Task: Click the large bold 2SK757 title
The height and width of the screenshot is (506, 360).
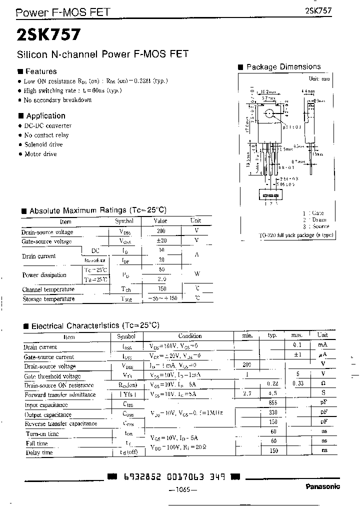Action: coord(47,34)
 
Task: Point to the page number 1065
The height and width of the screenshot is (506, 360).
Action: coord(179,490)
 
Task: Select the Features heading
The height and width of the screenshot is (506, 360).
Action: coord(40,71)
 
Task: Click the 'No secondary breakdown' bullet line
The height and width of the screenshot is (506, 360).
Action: coord(57,100)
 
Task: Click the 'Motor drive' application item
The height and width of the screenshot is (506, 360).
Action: coord(40,154)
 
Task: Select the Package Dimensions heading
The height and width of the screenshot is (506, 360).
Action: coord(283,67)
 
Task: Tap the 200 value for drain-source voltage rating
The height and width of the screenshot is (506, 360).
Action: coord(160,231)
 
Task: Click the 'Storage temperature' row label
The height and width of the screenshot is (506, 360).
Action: coord(48,298)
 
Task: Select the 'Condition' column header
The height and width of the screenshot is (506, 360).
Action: coord(190,336)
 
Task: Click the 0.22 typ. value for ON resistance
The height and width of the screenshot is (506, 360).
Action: coord(272,384)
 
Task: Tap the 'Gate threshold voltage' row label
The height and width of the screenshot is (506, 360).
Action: coord(52,376)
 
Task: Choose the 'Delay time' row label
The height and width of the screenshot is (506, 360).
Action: coord(39,452)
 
